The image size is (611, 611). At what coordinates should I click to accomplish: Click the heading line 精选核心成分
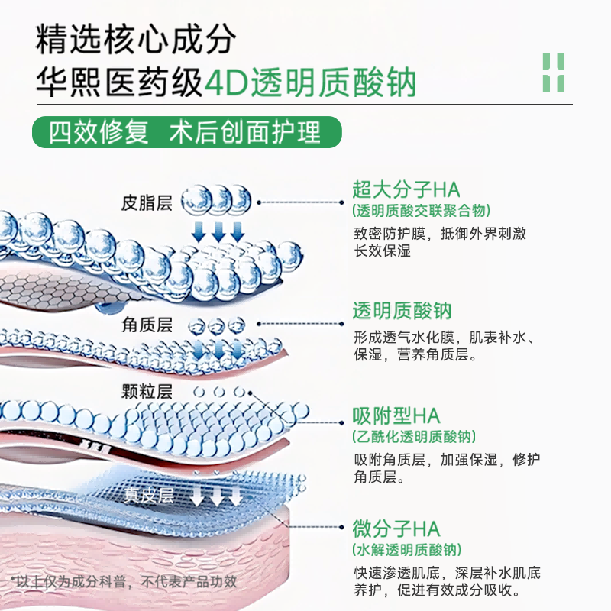(x=136, y=39)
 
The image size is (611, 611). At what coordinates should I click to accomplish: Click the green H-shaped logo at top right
(x=553, y=73)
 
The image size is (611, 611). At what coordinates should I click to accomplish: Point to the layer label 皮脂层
(x=147, y=203)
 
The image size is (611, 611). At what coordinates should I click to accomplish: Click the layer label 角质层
(x=147, y=325)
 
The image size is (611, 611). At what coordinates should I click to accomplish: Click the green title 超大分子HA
(x=406, y=189)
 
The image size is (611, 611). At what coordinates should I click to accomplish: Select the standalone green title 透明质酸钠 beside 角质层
(x=402, y=312)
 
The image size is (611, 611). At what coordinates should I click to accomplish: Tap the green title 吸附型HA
(x=396, y=415)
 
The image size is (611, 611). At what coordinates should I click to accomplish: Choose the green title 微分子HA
(x=396, y=528)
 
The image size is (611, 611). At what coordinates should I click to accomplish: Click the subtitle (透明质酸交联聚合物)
(x=421, y=211)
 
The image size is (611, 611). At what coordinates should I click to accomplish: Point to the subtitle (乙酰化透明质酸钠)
(x=413, y=437)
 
